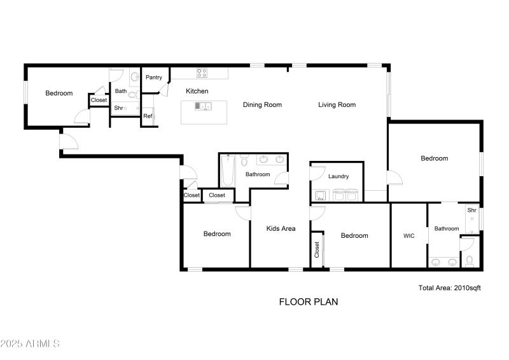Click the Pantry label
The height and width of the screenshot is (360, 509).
click(x=154, y=78)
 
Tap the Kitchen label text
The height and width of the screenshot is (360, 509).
click(x=197, y=91)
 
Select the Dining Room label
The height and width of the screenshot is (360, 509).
click(x=262, y=105)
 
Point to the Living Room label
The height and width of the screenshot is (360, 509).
click(x=337, y=105)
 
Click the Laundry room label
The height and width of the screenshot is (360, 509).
click(x=337, y=176)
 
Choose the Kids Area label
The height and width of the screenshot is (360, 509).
click(x=281, y=228)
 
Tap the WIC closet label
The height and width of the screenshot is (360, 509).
click(x=409, y=236)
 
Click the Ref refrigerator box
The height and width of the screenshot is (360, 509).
click(x=148, y=116)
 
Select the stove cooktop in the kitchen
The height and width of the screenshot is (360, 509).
click(x=202, y=73)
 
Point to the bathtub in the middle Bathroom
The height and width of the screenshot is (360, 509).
click(x=228, y=171)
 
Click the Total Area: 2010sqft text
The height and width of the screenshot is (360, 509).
click(x=449, y=288)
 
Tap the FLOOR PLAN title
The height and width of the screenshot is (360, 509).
click(x=309, y=302)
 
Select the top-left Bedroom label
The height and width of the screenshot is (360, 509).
click(x=59, y=93)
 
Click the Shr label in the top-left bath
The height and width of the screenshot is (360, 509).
click(x=119, y=108)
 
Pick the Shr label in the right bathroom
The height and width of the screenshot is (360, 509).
click(x=471, y=211)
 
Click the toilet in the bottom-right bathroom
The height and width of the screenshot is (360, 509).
click(x=470, y=260)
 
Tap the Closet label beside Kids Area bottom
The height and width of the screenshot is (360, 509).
click(x=316, y=250)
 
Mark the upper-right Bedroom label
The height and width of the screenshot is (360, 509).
click(x=434, y=158)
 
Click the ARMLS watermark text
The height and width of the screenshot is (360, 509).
click(x=30, y=343)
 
